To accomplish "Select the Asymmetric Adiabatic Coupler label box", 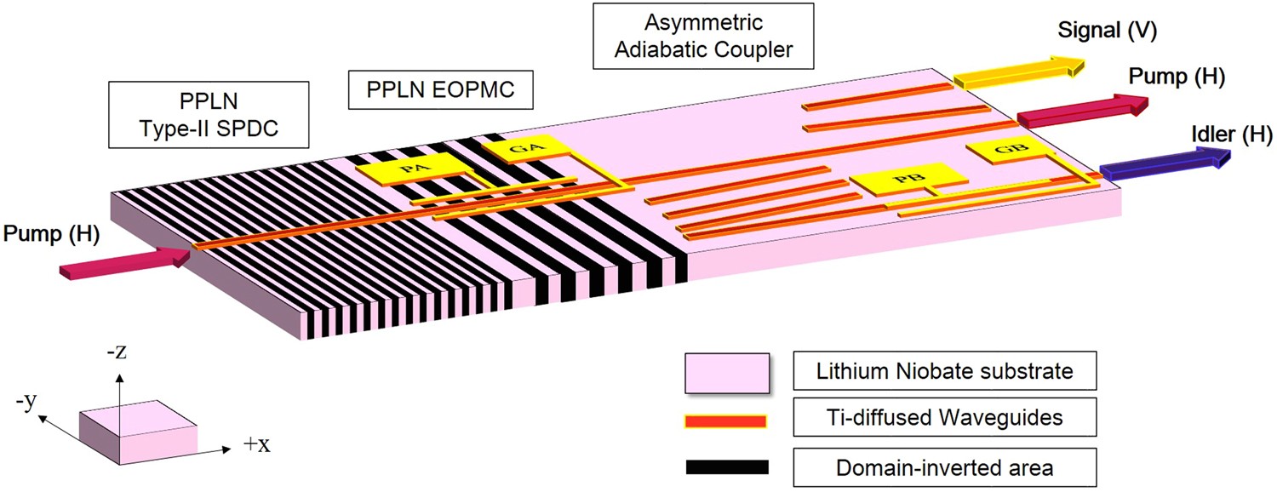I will [x=703, y=36].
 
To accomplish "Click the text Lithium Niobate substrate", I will [x=943, y=372].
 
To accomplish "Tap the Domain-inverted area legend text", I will [x=943, y=466].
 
